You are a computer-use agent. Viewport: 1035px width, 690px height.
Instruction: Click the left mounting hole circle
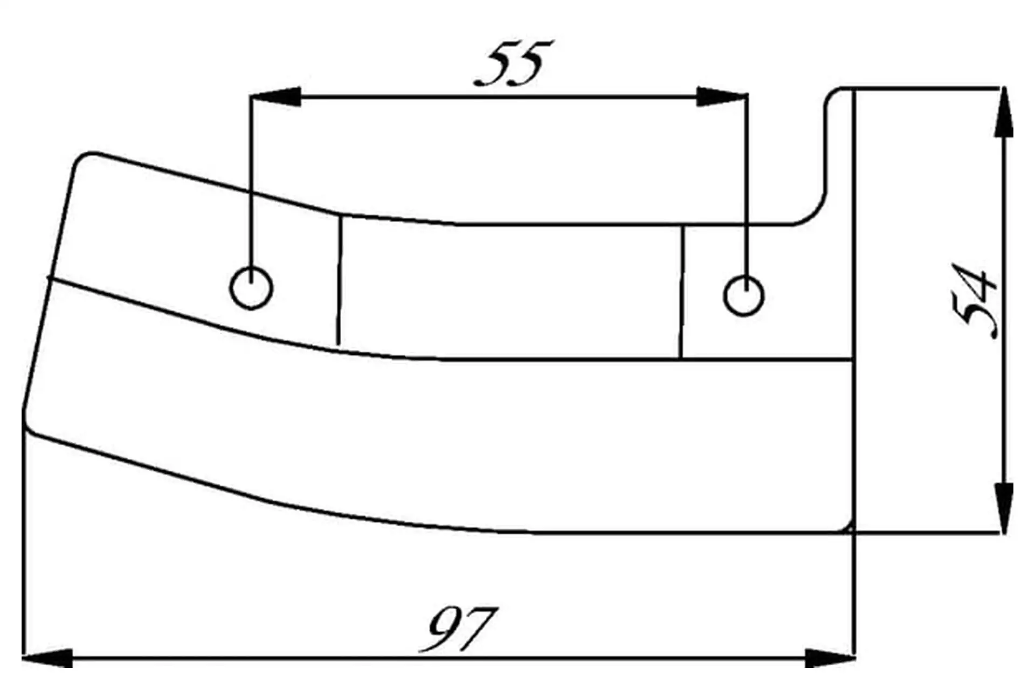pos(251,288)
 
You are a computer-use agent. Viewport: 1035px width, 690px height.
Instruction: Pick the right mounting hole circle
pos(743,295)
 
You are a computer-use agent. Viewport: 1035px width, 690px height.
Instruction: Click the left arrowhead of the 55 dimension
pos(275,96)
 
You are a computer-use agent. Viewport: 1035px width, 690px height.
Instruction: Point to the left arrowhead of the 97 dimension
pos(47,658)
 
